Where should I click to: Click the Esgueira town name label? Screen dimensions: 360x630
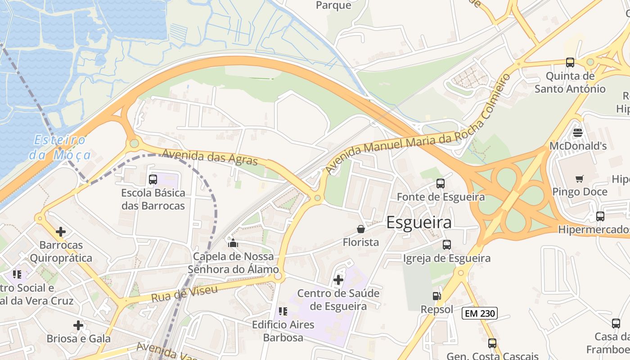[x=419, y=223]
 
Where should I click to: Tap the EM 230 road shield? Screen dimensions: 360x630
[x=479, y=313]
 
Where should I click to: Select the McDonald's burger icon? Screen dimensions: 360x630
[x=578, y=133]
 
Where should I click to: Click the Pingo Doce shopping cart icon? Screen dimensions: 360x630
[x=579, y=179]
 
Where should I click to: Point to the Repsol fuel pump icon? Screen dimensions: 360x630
[x=436, y=296]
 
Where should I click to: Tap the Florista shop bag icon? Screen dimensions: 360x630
[x=361, y=229]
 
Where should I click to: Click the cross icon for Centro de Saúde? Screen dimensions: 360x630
[x=338, y=280]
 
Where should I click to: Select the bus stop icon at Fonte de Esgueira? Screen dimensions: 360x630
[x=441, y=184]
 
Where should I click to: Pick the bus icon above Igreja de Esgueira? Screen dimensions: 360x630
[x=446, y=245]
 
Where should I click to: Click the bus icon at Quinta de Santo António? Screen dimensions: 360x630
[x=570, y=63]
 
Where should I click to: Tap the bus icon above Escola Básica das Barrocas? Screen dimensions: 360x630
[x=153, y=180]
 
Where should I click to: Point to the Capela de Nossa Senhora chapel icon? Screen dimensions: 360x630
[x=233, y=243]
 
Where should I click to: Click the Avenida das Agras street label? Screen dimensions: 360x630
[x=210, y=157]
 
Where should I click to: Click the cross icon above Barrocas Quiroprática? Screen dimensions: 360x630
[x=61, y=232]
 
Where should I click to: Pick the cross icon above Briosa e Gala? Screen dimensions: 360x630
[x=78, y=325]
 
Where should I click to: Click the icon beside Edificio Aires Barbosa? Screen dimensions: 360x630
[x=283, y=311]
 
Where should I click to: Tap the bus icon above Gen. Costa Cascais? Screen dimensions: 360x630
[x=492, y=343]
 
